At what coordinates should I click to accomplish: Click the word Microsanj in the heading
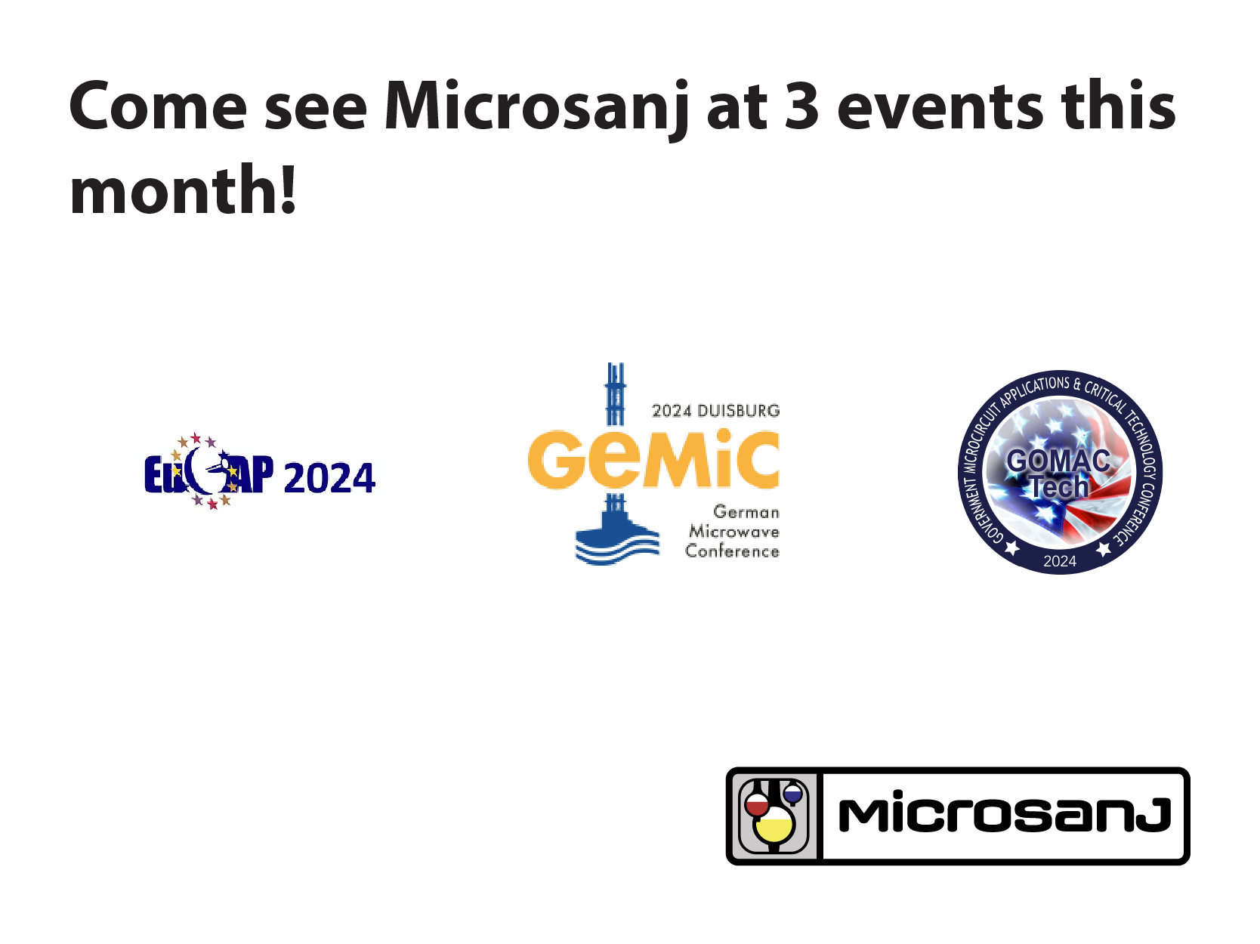pyautogui.click(x=536, y=109)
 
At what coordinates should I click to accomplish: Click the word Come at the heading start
pyautogui.click(x=158, y=107)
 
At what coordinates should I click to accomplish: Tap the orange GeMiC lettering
pyautogui.click(x=653, y=459)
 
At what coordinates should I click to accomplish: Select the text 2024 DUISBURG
pyautogui.click(x=716, y=411)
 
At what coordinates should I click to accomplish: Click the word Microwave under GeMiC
pyautogui.click(x=734, y=532)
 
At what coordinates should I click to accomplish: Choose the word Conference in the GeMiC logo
pyautogui.click(x=732, y=551)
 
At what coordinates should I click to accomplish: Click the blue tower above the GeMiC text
pyautogui.click(x=616, y=394)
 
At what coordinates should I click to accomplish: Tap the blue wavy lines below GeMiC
pyautogui.click(x=617, y=550)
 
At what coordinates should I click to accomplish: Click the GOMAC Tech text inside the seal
pyautogui.click(x=1058, y=474)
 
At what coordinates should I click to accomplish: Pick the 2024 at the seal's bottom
pyautogui.click(x=1060, y=561)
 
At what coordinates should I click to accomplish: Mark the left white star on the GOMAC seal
pyautogui.click(x=1012, y=548)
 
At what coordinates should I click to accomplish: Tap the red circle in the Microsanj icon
pyautogui.click(x=757, y=804)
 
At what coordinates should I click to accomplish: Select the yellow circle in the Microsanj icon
pyautogui.click(x=774, y=825)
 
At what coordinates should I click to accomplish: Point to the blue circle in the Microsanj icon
pyautogui.click(x=792, y=794)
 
